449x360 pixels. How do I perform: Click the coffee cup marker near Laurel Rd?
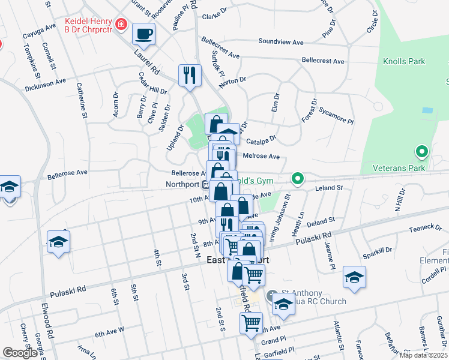(x=143, y=34)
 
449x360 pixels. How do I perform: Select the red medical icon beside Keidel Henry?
(x=122, y=24)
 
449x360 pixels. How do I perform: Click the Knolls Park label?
(x=405, y=61)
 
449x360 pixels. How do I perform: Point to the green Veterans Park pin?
(x=422, y=152)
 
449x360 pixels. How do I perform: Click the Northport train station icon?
(x=205, y=185)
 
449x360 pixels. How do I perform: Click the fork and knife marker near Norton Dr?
(x=190, y=76)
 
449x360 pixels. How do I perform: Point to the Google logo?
(x=20, y=353)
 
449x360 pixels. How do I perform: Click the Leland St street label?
(x=331, y=188)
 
